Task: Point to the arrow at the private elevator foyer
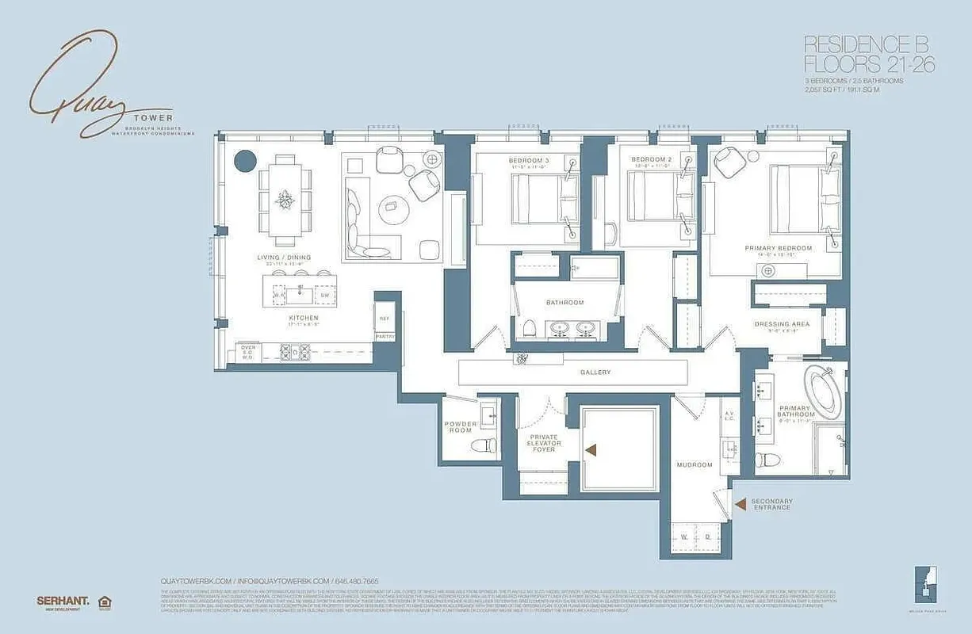[591, 450]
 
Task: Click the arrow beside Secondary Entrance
[739, 503]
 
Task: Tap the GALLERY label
[595, 372]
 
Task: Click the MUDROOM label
[694, 464]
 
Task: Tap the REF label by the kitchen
[385, 319]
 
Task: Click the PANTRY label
[385, 337]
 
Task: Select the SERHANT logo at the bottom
[63, 601]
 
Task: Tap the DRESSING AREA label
[782, 324]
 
